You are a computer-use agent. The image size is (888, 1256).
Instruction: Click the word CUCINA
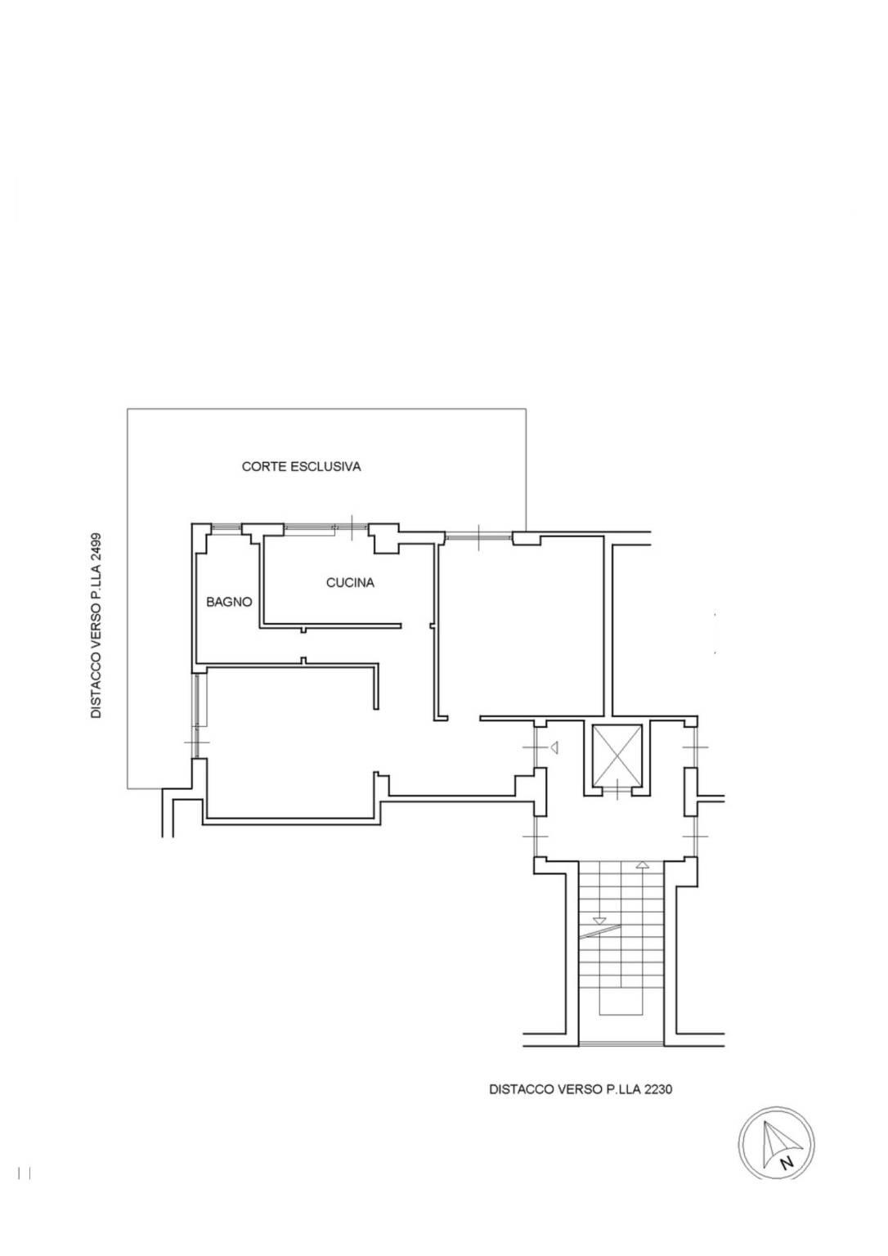(x=350, y=583)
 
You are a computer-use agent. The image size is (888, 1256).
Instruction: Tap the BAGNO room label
(x=229, y=602)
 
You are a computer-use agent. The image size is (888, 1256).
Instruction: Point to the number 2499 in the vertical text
(x=96, y=552)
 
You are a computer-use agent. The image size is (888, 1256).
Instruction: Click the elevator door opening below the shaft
(x=617, y=791)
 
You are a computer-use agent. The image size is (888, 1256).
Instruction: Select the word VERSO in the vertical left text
(x=96, y=613)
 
